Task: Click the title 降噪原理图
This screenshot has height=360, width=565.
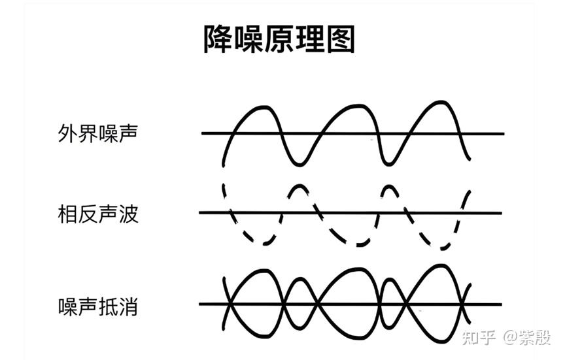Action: pos(279,39)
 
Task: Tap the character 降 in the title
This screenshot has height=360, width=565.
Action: pos(218,39)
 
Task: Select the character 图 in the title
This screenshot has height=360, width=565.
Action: pos(341,39)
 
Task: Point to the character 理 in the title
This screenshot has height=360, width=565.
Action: pos(310,39)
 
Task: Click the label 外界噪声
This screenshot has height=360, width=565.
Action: pos(97,133)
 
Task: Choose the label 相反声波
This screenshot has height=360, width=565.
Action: pos(97,214)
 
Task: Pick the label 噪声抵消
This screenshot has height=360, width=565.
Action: pos(97,306)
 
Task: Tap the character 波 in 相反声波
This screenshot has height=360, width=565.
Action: pos(129,214)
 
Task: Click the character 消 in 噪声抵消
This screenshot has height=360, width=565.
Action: pos(128,306)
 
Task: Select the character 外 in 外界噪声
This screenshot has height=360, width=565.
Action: pos(67,133)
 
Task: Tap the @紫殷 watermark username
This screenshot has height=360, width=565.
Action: pos(527,337)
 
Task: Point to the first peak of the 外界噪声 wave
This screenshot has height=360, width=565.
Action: pos(264,107)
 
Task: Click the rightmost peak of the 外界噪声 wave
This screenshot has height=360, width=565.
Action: pos(440,103)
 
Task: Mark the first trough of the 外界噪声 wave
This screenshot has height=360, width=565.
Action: pos(298,165)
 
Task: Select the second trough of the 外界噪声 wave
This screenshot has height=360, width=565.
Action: pos(388,164)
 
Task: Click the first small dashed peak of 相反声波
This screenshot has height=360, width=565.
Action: pos(299,186)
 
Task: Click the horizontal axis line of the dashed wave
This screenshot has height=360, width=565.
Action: pos(351,213)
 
